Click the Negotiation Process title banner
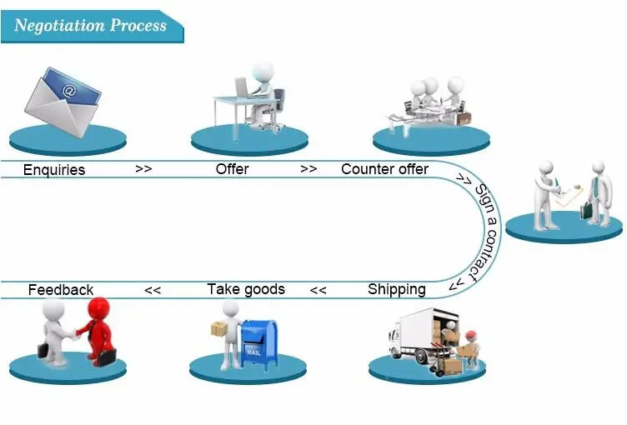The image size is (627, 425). [x=92, y=27]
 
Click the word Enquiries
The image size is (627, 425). [x=54, y=169]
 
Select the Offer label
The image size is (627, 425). [x=232, y=168]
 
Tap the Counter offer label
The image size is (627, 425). [x=384, y=168]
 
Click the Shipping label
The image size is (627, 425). [x=397, y=289]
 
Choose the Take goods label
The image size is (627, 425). [x=246, y=289]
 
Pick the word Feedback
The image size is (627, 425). [x=61, y=289]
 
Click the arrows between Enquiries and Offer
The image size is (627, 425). [x=143, y=168]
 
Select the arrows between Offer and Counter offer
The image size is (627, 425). [x=308, y=168]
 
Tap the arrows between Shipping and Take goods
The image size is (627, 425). [x=319, y=290]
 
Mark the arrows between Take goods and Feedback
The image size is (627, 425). [x=153, y=290]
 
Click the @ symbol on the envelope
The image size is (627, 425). [x=68, y=91]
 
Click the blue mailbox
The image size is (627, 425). [x=259, y=345]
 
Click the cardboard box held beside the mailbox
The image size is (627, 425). [x=218, y=328]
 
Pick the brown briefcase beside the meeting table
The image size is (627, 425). [x=464, y=118]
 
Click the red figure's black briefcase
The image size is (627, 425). [x=107, y=357]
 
